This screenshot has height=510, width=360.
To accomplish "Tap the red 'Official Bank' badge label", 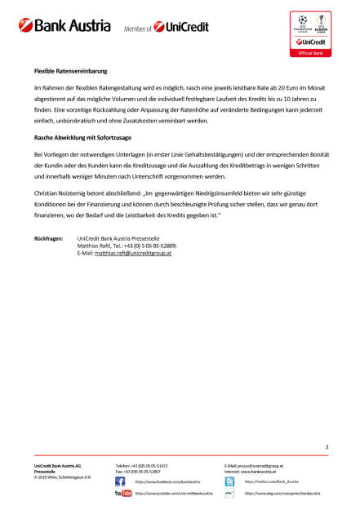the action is (x=312, y=52).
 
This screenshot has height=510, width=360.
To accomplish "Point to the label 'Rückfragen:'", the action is (x=49, y=237).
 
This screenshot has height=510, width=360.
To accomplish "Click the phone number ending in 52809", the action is (x=156, y=245).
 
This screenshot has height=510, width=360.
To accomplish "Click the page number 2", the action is (x=327, y=447).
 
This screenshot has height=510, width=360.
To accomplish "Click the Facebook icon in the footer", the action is (x=120, y=481).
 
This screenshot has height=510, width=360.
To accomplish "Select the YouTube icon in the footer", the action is (x=123, y=494).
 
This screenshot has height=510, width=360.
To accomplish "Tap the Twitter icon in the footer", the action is (x=229, y=481).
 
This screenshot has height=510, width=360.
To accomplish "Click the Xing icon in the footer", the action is (x=229, y=494).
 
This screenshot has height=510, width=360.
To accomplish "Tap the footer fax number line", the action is (x=137, y=471).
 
